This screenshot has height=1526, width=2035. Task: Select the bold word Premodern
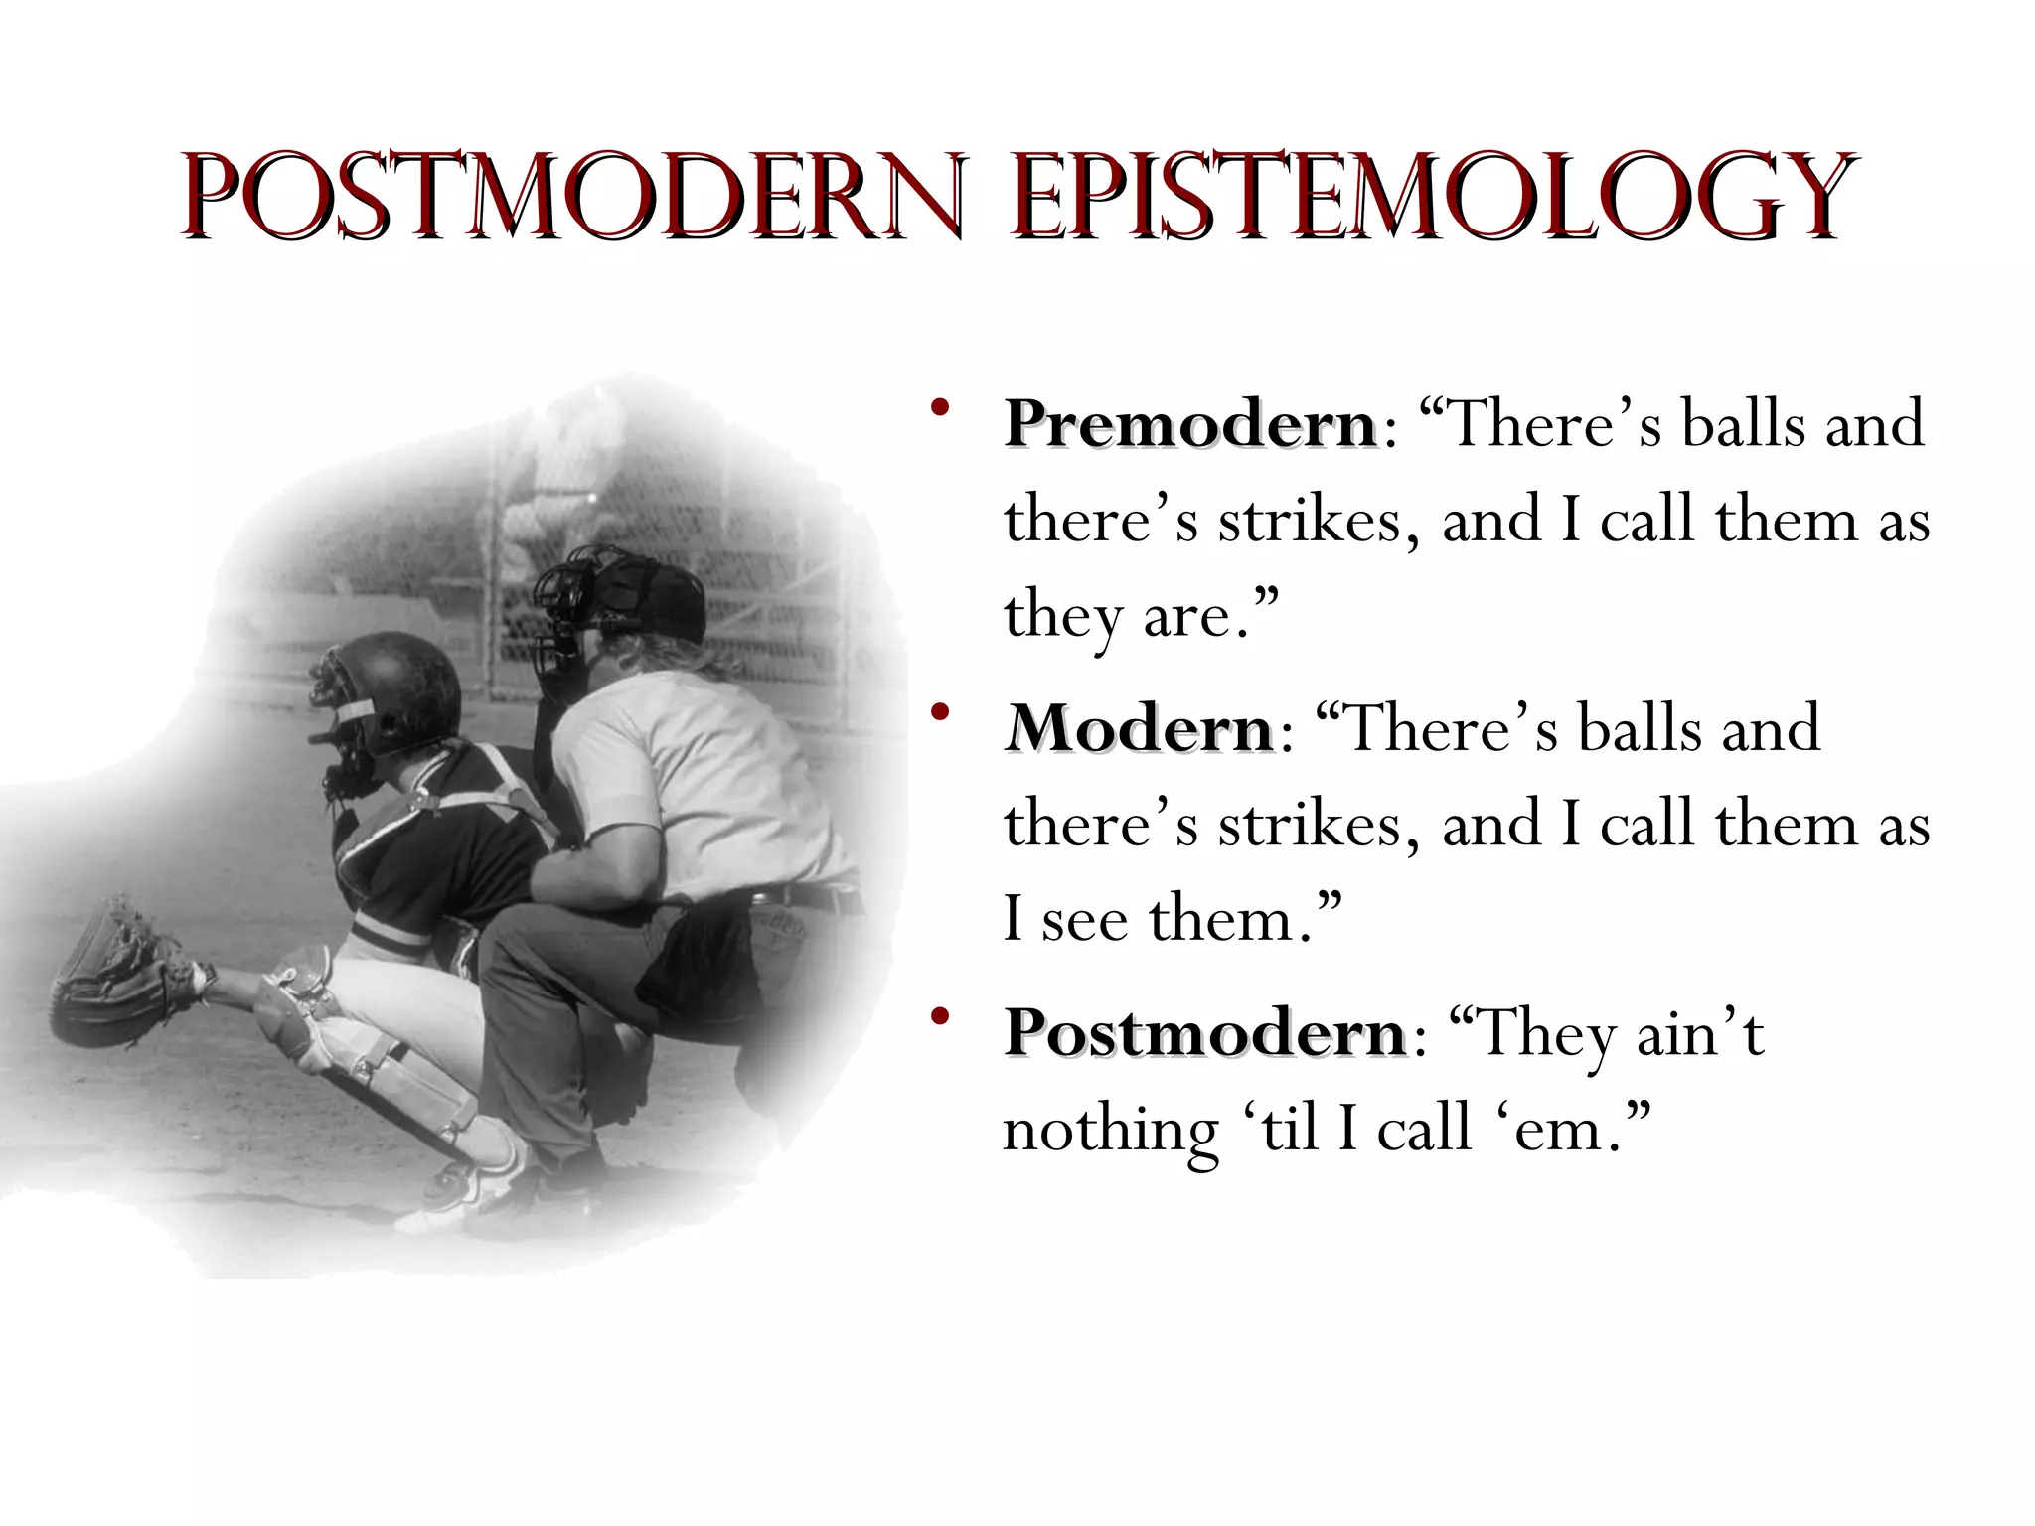(1190, 424)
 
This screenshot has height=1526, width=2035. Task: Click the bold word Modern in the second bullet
(1139, 728)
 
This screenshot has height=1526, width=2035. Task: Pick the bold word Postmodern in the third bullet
(1204, 1033)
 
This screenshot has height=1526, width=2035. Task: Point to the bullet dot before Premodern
(940, 408)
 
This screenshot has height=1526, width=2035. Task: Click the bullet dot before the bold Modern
(940, 712)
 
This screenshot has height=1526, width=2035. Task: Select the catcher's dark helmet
(397, 686)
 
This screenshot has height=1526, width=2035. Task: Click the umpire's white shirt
(696, 765)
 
